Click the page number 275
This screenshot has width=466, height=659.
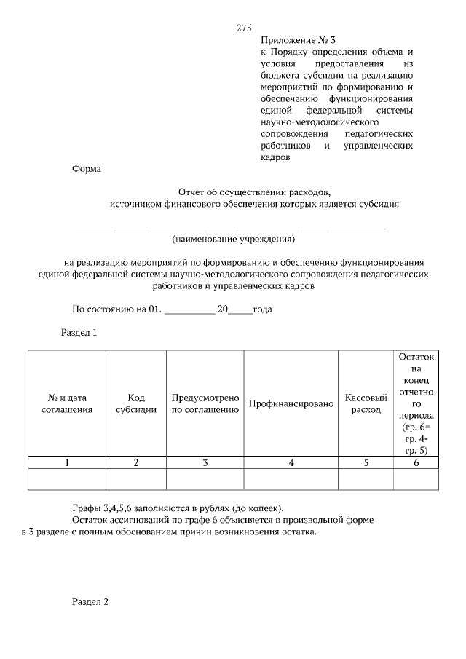244,28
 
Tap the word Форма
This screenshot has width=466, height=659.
87,169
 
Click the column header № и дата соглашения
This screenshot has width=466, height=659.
67,403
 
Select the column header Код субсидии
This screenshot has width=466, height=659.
136,403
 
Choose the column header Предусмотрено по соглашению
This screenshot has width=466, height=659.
205,403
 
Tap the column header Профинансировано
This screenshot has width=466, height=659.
291,403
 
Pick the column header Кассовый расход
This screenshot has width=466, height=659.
366,403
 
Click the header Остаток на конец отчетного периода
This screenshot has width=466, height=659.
416,403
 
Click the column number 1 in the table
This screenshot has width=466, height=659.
67,462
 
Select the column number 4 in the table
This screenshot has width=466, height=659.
291,462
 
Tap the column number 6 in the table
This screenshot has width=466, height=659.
416,462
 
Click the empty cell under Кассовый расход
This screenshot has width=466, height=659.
366,479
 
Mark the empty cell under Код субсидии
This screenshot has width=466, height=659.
136,479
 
